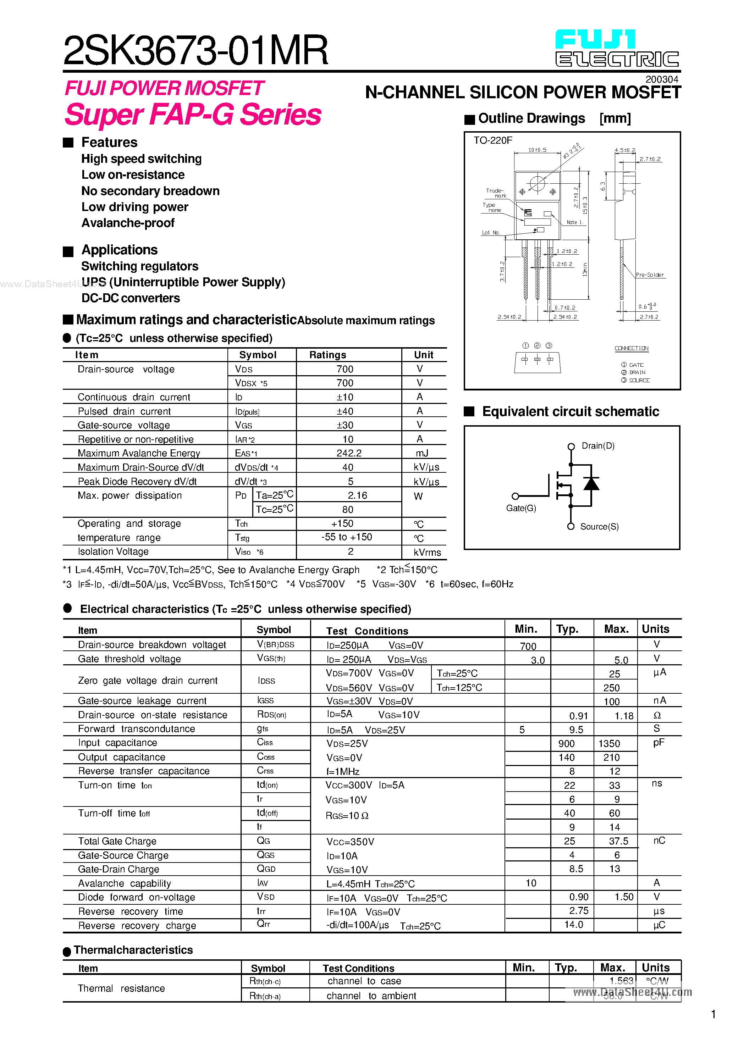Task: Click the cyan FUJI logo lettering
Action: coord(595,40)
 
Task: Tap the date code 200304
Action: coord(662,79)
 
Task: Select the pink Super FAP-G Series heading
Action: coord(193,114)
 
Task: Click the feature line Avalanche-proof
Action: coord(128,223)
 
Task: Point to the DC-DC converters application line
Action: coord(131,298)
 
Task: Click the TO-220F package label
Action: coord(492,140)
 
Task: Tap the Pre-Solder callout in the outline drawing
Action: coord(649,274)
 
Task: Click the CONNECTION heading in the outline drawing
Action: coord(631,348)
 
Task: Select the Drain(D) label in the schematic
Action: coord(598,446)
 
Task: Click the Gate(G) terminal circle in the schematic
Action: coord(515,496)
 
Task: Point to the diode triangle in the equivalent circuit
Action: coord(591,484)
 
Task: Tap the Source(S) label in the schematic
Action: coord(599,527)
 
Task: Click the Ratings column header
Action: coord(327,355)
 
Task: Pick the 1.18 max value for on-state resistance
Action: coord(624,716)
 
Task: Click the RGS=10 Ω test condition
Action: coord(347,816)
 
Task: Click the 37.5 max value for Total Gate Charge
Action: coord(618,841)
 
